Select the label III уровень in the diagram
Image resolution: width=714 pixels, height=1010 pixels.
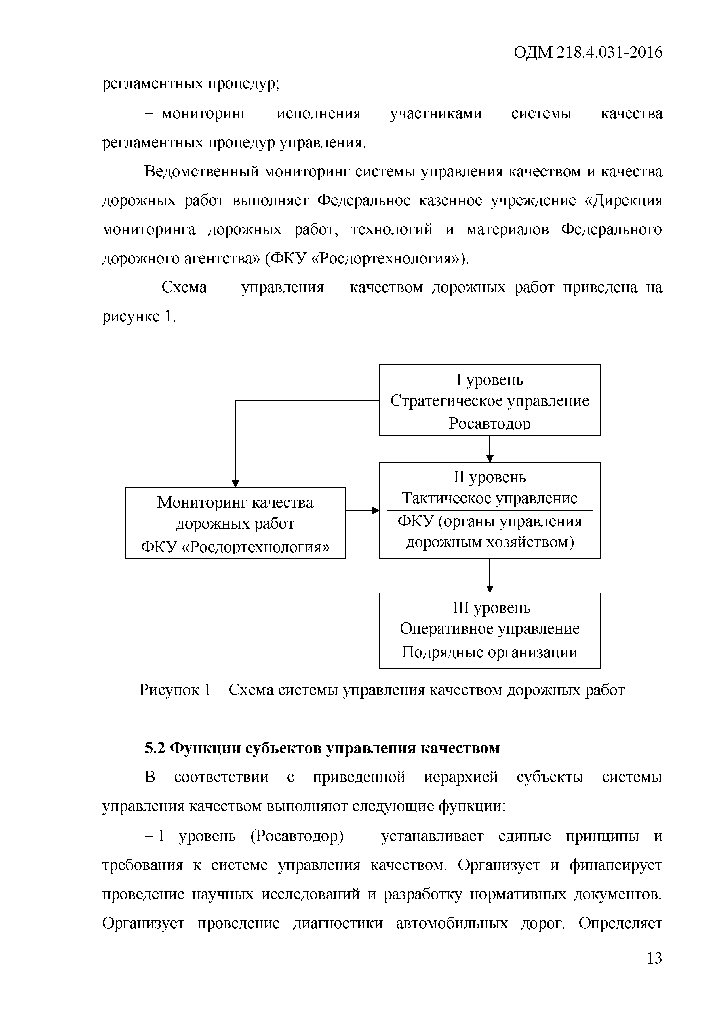(491, 608)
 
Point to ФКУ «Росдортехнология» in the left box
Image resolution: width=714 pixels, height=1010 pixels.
(235, 547)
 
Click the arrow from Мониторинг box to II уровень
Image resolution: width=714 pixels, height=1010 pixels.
(362, 510)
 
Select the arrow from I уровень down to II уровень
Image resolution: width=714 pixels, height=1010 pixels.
(490, 449)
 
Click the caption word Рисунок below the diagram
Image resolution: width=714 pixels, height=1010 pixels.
(168, 690)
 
